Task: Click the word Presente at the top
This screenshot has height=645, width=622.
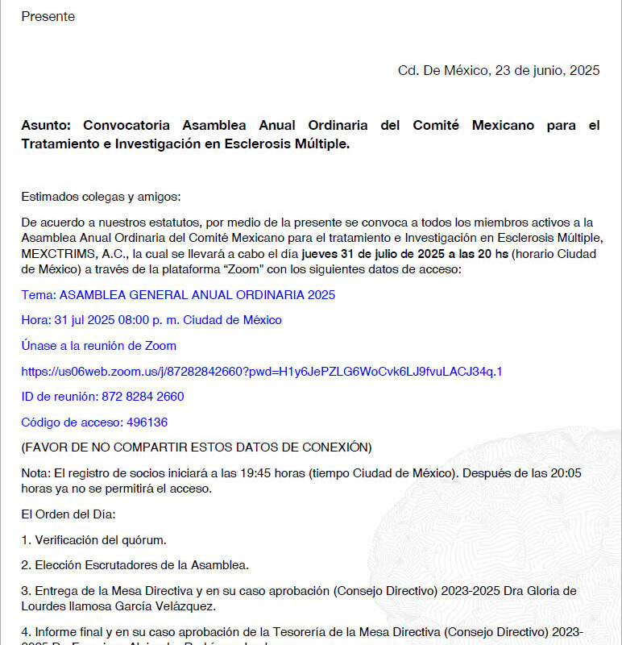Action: point(48,16)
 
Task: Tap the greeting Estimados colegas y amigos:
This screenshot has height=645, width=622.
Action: point(102,197)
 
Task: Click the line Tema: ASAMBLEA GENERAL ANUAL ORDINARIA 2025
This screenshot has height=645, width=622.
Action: point(178,295)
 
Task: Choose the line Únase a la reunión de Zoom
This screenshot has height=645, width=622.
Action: point(99,346)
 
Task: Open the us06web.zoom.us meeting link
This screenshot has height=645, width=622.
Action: point(262,372)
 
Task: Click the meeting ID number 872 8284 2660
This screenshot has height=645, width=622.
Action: point(143,397)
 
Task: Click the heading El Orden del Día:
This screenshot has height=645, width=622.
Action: point(68,514)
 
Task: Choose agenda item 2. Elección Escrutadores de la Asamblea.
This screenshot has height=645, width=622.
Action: point(135,565)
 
